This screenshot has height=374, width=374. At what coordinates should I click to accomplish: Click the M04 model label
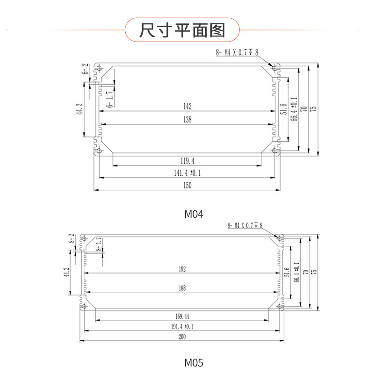click(x=194, y=215)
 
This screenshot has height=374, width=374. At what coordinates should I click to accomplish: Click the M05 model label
click(x=194, y=362)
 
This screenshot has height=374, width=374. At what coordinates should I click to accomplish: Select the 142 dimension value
click(x=187, y=106)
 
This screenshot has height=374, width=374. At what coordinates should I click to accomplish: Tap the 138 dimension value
click(x=187, y=120)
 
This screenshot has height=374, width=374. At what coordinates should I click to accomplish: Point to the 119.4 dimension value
click(x=187, y=161)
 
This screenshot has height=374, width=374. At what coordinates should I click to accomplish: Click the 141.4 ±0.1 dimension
click(x=187, y=173)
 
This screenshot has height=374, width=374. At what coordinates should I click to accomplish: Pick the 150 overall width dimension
click(x=187, y=185)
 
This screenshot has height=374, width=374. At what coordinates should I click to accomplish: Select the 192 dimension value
click(x=182, y=269)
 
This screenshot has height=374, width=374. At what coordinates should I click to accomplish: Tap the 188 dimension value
click(x=182, y=288)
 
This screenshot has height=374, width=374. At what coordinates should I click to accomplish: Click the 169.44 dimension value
click(x=182, y=316)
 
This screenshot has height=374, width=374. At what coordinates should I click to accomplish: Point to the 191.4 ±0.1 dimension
click(x=182, y=327)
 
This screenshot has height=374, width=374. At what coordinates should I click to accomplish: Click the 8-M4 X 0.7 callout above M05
click(x=245, y=226)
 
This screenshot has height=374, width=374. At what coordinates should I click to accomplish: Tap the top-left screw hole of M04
click(x=99, y=70)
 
